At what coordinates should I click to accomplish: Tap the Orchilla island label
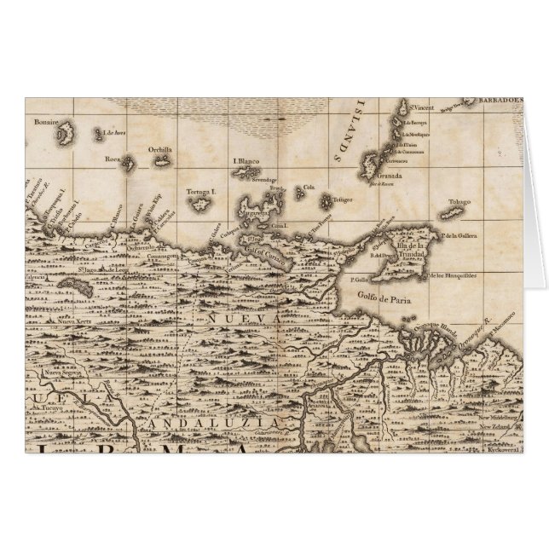coord(159,150)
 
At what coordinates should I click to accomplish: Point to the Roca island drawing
coord(130,162)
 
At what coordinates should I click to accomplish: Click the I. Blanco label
coord(246,159)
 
